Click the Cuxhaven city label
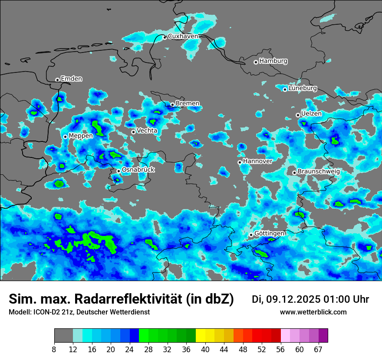(x=183, y=36)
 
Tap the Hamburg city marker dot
(x=256, y=62)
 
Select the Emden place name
(x=71, y=79)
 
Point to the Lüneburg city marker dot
(x=285, y=89)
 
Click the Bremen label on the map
(x=188, y=103)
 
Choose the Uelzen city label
(x=311, y=114)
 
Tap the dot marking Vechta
(x=133, y=132)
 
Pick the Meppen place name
(x=81, y=136)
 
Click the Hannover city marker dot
(x=240, y=162)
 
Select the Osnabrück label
(x=138, y=170)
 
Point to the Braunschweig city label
(x=319, y=171)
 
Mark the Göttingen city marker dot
(x=251, y=235)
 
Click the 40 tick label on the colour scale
(x=205, y=349)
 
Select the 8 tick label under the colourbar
(x=54, y=349)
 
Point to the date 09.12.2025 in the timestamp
(x=286, y=299)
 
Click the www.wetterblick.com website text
(x=313, y=312)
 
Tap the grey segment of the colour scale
(x=63, y=336)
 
